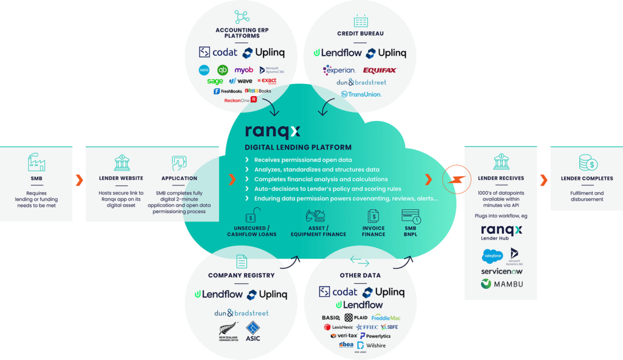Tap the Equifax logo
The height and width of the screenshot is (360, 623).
[380, 71]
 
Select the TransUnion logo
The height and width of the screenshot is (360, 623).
[361, 94]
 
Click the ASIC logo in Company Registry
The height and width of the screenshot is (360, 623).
[253, 331]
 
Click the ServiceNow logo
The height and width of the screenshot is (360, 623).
[501, 271]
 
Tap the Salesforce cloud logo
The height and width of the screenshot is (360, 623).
[492, 256]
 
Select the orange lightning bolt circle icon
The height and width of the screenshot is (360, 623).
[457, 179]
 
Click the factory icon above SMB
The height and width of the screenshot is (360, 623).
[37, 162]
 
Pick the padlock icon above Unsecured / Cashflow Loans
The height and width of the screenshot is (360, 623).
[252, 215]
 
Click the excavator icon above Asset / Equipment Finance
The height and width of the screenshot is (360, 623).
[318, 215]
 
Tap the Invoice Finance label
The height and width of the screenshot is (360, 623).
[374, 232]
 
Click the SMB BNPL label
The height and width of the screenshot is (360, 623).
[411, 232]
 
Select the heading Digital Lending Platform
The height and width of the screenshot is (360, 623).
[298, 147]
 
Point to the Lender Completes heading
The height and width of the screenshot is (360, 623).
[587, 178]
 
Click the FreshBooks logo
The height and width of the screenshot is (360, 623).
[228, 91]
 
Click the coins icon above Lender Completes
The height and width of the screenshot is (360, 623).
[588, 162]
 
